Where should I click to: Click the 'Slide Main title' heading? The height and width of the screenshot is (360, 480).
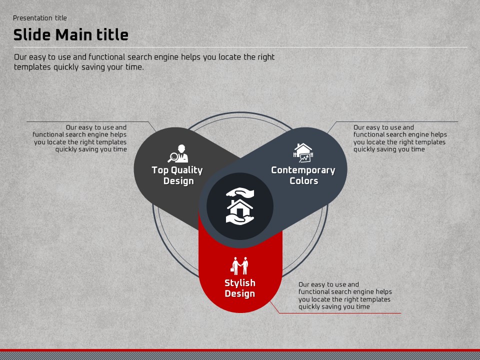tap(70, 34)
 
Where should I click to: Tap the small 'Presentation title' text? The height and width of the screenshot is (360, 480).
tap(40, 18)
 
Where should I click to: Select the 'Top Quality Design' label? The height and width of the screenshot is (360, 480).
tap(177, 175)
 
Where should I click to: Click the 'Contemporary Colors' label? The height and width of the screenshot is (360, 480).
tap(303, 175)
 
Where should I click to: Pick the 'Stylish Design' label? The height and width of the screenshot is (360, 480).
tap(240, 288)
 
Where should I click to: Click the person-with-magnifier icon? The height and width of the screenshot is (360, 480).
tap(178, 153)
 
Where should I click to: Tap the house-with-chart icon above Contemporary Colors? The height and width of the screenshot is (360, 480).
tap(303, 153)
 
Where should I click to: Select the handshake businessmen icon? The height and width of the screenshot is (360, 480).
tap(239, 266)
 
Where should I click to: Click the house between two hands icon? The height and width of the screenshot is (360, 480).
tap(240, 206)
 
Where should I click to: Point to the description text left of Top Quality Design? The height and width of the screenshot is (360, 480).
tap(79, 138)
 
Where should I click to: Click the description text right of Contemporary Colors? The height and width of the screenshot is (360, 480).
tap(400, 138)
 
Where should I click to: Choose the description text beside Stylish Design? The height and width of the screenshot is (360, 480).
tap(345, 295)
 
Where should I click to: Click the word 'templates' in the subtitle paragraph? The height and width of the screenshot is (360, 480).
tap(32, 67)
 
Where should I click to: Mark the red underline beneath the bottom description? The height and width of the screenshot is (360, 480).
tap(340, 313)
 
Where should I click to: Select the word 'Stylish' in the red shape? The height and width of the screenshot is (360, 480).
tap(240, 283)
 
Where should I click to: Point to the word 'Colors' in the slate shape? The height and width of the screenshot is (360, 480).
tap(303, 181)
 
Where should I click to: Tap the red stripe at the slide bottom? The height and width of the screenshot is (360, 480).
tap(240, 350)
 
